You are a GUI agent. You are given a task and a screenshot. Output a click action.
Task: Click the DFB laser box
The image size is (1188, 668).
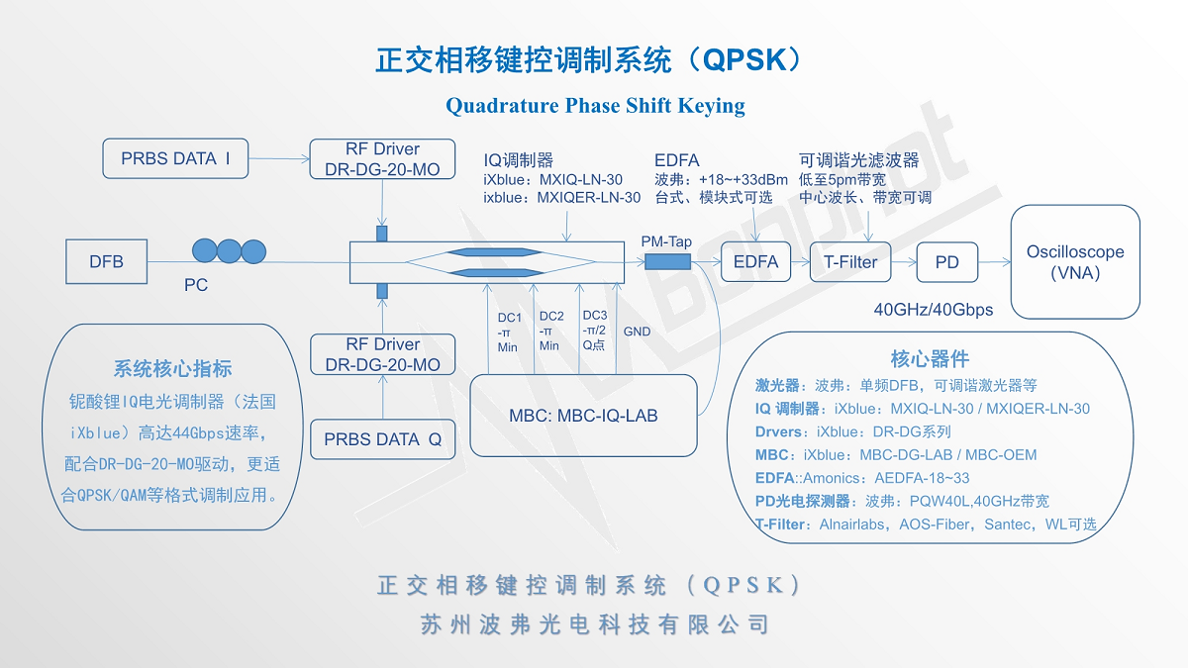coord(107,262)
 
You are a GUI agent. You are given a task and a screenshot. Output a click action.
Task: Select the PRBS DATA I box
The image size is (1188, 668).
coord(176,158)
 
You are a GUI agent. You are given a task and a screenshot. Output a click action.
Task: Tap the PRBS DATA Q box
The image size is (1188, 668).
coord(383,439)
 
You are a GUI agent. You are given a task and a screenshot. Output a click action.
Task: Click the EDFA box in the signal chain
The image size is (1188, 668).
coord(756,262)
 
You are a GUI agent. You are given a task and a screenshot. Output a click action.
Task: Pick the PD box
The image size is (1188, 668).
coord(947,263)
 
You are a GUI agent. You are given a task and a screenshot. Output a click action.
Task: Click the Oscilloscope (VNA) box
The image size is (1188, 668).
coord(1075,262)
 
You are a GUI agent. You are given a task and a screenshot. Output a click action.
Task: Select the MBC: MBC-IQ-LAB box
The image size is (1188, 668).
coord(584,416)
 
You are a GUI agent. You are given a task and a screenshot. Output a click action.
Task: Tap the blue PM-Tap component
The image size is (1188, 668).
coord(667,261)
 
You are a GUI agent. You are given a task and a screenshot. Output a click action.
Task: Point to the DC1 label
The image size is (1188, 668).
coord(509,318)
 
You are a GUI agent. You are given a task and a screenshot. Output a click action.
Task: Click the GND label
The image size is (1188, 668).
coord(638,332)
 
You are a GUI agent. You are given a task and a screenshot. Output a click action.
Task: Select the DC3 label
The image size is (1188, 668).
coord(594,316)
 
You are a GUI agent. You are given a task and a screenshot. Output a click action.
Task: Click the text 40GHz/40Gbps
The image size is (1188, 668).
coord(934,310)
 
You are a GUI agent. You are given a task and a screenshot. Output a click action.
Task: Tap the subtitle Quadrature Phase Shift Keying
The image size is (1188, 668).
coord(595,106)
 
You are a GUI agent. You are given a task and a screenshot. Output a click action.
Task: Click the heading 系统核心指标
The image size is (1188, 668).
coord(173,369)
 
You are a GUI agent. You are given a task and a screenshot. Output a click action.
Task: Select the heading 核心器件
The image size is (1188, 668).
coord(930,358)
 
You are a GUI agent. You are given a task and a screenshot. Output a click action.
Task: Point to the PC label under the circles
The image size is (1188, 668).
coord(196,286)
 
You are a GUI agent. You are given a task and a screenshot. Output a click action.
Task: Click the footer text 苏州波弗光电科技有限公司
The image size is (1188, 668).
coord(594,624)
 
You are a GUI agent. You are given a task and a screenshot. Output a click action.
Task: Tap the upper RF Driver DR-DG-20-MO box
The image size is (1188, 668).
coord(383,159)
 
